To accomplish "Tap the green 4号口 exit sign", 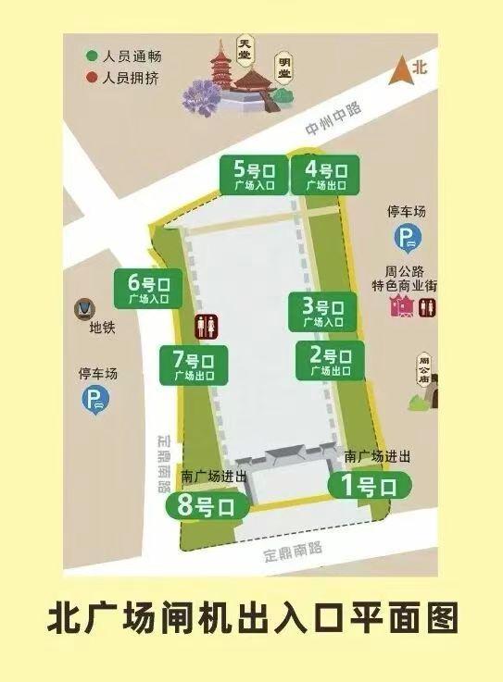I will [324, 176].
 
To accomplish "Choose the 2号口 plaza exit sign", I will [327, 360].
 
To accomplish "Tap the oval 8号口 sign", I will [207, 506].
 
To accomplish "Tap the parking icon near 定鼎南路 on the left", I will [95, 400].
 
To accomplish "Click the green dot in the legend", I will [92, 56].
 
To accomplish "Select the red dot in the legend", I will [92, 77].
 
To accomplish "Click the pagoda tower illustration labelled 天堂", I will [223, 69].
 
